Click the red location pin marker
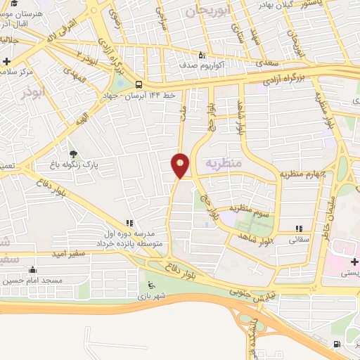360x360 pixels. [x=181, y=165]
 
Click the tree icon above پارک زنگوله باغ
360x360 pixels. [x=74, y=153]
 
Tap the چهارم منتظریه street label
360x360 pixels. [x=304, y=173]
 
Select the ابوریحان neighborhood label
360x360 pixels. [x=207, y=11]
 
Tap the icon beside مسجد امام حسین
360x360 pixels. [x=32, y=269]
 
